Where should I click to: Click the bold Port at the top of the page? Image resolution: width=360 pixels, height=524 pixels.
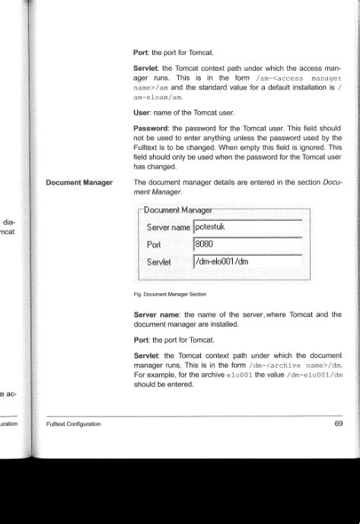pos(142,53)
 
